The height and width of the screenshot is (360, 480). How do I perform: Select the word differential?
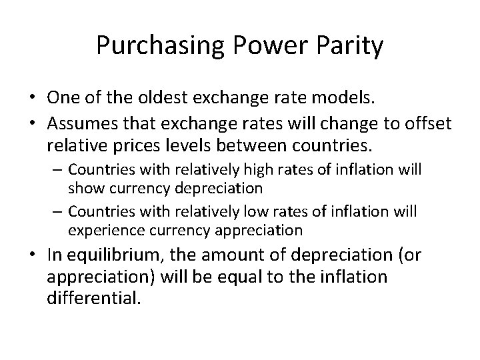coord(94,297)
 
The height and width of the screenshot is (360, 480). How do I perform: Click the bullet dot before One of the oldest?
coord(33,99)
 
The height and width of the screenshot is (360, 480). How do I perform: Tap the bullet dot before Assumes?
coord(33,124)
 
